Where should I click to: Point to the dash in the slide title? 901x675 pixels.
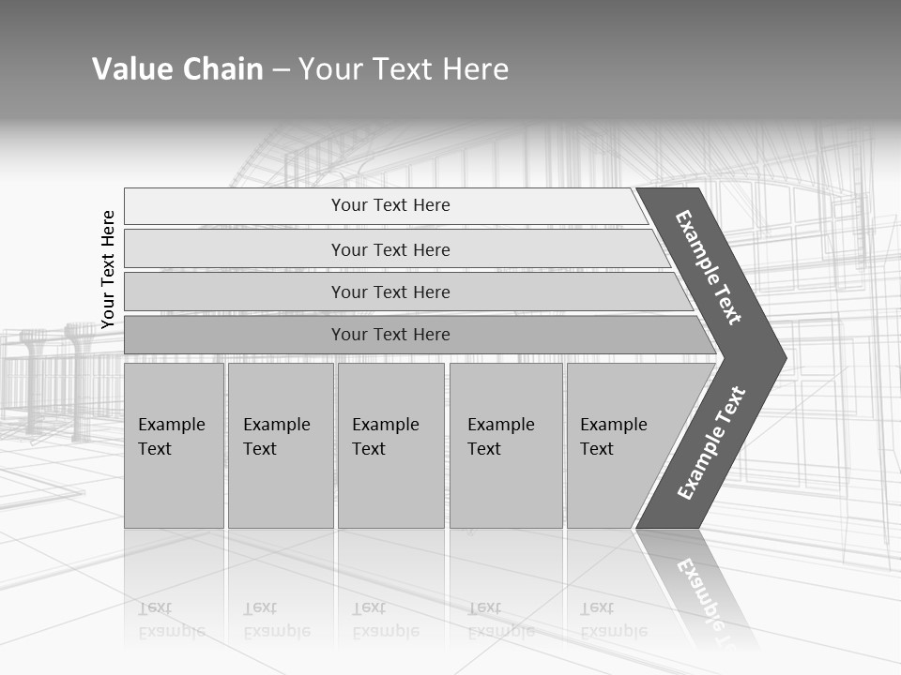point(281,70)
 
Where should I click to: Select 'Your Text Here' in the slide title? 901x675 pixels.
point(404,69)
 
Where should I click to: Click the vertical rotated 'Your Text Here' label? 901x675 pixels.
point(108,269)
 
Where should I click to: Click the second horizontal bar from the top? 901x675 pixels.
point(390,249)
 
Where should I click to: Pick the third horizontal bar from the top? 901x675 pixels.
point(390,292)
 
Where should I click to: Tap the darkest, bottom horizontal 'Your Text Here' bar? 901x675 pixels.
point(390,335)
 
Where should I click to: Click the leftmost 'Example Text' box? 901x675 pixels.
point(174,445)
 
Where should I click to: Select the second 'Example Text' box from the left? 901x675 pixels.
point(280,445)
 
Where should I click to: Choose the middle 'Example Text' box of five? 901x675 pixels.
point(390,445)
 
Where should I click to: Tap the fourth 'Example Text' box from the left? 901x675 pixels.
point(505,445)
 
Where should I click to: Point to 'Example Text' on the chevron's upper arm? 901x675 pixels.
point(709,267)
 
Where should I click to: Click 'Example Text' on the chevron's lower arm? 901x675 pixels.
point(711,442)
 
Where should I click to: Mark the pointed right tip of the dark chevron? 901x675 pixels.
point(783,357)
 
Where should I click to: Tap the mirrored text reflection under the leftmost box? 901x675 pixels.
point(171,620)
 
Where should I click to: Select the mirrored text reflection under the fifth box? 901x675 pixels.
point(614,620)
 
